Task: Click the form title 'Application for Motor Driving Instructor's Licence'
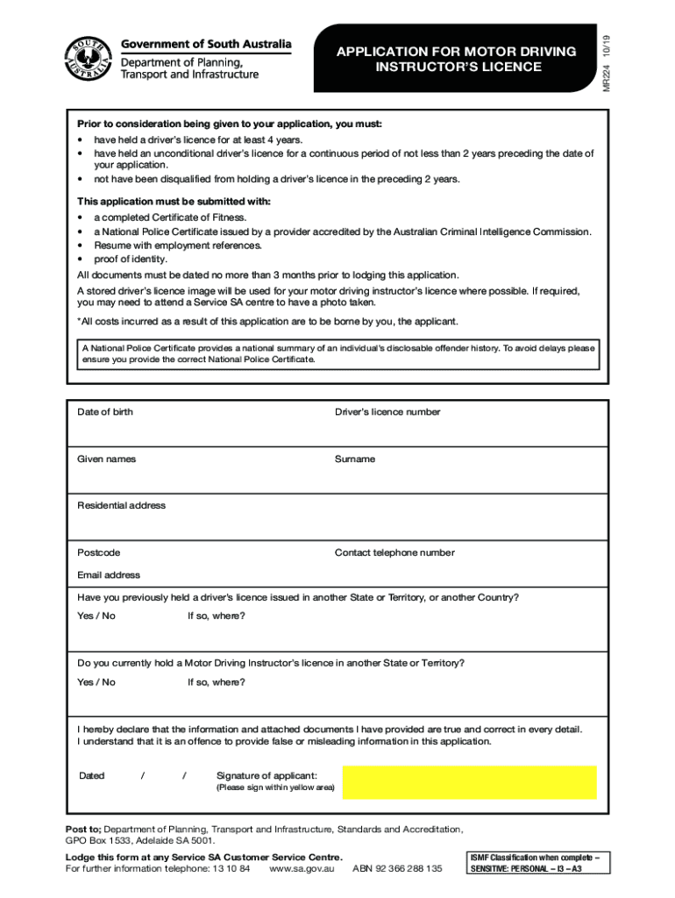coord(457,60)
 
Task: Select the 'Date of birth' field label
coord(105,412)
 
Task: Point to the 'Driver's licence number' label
coord(387,412)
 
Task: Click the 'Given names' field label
coord(106,460)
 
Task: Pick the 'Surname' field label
coord(355,460)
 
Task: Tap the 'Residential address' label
coord(121,506)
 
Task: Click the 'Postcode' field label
coord(99,553)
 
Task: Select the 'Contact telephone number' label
coord(394,553)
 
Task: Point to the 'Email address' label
coord(109,575)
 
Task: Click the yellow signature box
coord(469,782)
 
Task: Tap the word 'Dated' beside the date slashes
coord(92,776)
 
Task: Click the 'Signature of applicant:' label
coord(266,776)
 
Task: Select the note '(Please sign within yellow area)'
coord(275,788)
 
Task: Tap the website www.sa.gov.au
coord(302,869)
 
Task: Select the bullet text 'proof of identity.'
coord(131,260)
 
